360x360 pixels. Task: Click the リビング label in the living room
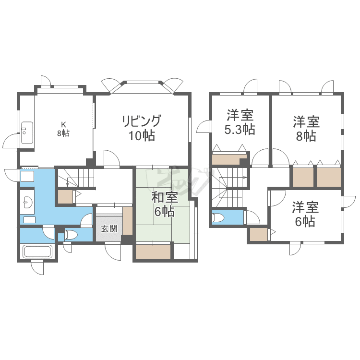[142, 121]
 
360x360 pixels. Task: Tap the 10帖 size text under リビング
[142, 135]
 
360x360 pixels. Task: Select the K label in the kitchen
[63, 124]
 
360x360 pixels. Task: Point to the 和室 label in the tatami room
[164, 197]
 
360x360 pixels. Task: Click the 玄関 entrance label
[109, 228]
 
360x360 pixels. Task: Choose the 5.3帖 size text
[240, 129]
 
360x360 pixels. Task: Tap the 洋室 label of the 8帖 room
[306, 122]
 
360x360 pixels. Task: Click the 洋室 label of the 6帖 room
[305, 207]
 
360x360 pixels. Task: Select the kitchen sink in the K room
[27, 133]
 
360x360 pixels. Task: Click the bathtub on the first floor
[38, 252]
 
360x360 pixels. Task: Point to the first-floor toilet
[71, 235]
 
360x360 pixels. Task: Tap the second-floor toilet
[218, 217]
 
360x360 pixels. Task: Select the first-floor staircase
[76, 178]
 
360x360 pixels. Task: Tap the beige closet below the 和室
[153, 252]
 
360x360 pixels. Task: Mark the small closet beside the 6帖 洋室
[259, 234]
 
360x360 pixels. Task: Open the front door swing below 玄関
[113, 252]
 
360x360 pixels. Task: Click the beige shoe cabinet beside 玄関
[128, 221]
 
